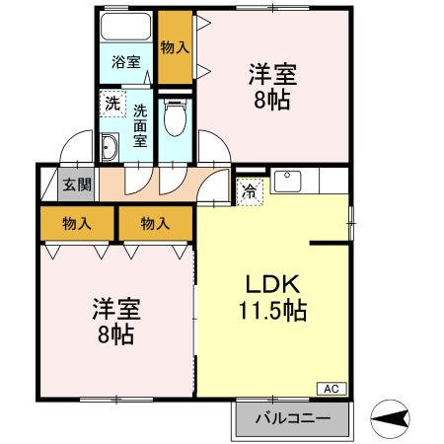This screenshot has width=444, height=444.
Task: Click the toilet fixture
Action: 177,119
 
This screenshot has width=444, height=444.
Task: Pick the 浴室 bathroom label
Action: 125,61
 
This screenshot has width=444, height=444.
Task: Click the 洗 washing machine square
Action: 112,103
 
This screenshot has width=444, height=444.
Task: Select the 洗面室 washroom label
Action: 140,124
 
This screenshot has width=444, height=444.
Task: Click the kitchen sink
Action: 288,180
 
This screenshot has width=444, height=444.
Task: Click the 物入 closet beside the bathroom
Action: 175,46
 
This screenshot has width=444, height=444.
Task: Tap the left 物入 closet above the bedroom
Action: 77,224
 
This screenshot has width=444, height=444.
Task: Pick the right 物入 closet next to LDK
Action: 153,224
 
